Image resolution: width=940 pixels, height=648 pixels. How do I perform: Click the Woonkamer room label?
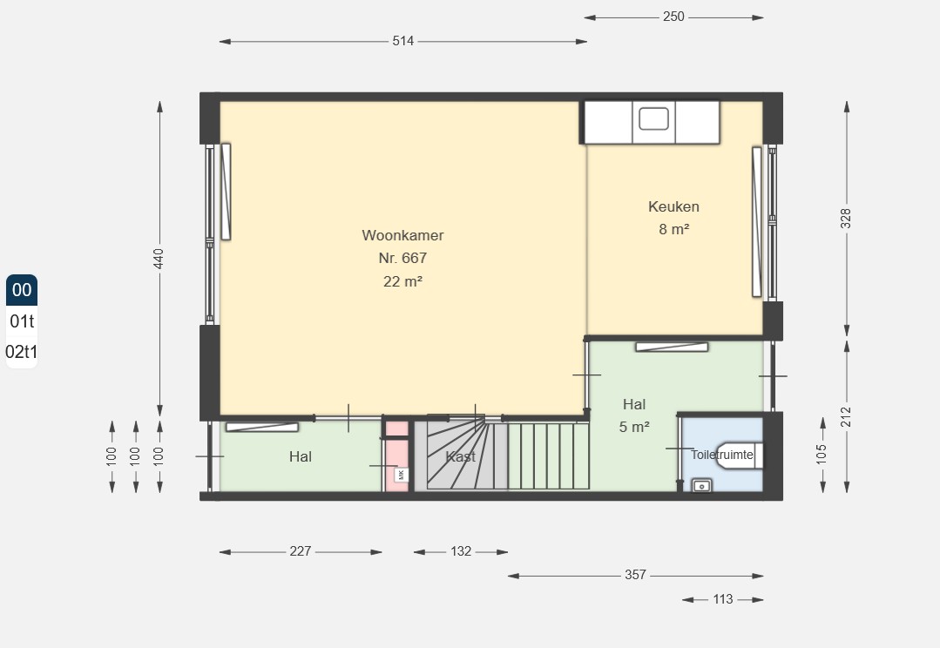pyautogui.click(x=402, y=235)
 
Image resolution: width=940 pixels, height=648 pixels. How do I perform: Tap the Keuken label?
pyautogui.click(x=673, y=206)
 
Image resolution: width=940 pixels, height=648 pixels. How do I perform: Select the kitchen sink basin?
pyautogui.click(x=653, y=118)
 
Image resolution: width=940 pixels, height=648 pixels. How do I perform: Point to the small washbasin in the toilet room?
pyautogui.click(x=702, y=485)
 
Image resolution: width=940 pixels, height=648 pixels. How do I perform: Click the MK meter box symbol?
pyautogui.click(x=401, y=475)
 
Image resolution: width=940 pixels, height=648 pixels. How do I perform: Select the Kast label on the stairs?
pyautogui.click(x=460, y=456)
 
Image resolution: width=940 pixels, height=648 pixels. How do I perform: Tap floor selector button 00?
pyautogui.click(x=22, y=290)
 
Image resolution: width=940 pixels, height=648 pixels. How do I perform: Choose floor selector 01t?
pyautogui.click(x=22, y=321)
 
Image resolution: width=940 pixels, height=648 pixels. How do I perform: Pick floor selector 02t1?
pyautogui.click(x=22, y=352)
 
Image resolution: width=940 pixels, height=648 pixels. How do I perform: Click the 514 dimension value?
pyautogui.click(x=402, y=41)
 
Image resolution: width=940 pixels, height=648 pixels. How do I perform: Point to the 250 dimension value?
pyautogui.click(x=673, y=17)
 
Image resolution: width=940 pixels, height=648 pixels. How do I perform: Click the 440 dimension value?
pyautogui.click(x=159, y=259)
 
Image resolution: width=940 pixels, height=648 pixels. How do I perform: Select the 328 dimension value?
pyautogui.click(x=846, y=219)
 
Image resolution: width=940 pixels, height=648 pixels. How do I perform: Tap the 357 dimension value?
pyautogui.click(x=635, y=575)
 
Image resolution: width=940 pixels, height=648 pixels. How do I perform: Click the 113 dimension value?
pyautogui.click(x=723, y=599)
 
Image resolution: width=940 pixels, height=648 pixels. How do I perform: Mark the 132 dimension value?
pyautogui.click(x=461, y=551)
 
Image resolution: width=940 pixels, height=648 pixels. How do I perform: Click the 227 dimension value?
pyautogui.click(x=301, y=551)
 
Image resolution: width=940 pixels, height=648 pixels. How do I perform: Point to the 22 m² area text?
pyautogui.click(x=402, y=281)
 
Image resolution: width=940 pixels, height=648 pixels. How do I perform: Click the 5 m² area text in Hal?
pyautogui.click(x=634, y=427)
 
